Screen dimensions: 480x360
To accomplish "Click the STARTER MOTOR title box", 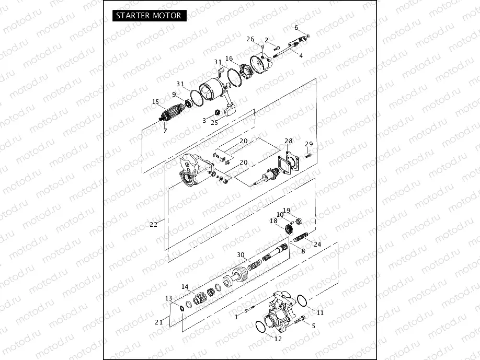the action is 148,15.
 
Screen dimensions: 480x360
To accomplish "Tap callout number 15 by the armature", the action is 155,102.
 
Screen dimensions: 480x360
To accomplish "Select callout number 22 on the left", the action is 153,225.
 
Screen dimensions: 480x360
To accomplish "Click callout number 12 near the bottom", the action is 278,339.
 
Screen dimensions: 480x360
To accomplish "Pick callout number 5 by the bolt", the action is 313,326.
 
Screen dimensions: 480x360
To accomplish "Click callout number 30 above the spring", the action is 241,254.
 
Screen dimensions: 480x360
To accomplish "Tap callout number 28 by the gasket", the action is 289,141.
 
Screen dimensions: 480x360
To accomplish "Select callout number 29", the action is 308,144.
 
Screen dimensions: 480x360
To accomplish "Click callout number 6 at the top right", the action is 296,28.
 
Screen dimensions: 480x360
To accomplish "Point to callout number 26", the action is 250,39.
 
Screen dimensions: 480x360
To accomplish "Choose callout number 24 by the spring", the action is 317,244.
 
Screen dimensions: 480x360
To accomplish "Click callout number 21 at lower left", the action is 159,322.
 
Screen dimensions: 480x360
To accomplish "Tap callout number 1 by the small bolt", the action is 237,317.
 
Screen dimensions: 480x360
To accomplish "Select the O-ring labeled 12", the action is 260,328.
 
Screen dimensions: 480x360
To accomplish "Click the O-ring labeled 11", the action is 301,300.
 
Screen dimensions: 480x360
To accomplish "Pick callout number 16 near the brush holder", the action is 229,59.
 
